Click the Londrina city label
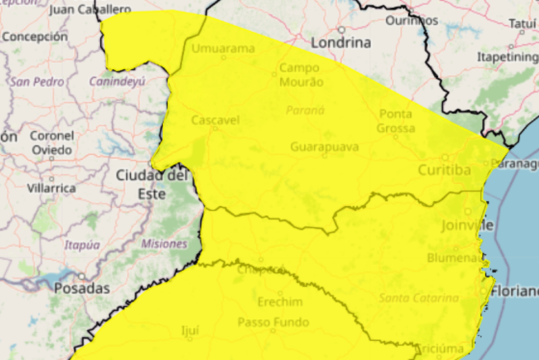click(341, 43)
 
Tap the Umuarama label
click(223, 48)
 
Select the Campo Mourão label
click(299, 74)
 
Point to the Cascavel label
click(215, 120)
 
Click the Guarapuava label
click(324, 147)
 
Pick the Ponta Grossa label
click(396, 121)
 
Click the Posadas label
click(82, 288)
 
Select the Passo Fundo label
click(273, 322)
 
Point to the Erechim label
click(280, 302)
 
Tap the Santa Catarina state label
click(419, 298)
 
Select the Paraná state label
click(305, 110)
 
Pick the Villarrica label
click(52, 188)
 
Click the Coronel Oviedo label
click(52, 142)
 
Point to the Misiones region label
click(164, 244)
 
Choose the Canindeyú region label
click(117, 81)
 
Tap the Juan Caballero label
click(90, 10)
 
